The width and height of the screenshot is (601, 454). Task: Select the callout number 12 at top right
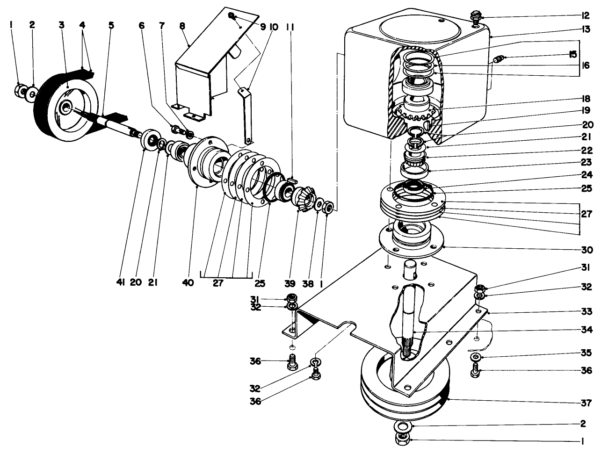pos(587,15)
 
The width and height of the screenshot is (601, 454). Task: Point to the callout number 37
pos(587,402)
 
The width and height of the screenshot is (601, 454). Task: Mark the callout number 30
pos(587,249)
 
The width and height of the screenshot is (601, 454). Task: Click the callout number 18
pos(587,99)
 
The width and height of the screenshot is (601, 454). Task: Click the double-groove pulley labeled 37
pos(406,388)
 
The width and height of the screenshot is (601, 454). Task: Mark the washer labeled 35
pos(475,357)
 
